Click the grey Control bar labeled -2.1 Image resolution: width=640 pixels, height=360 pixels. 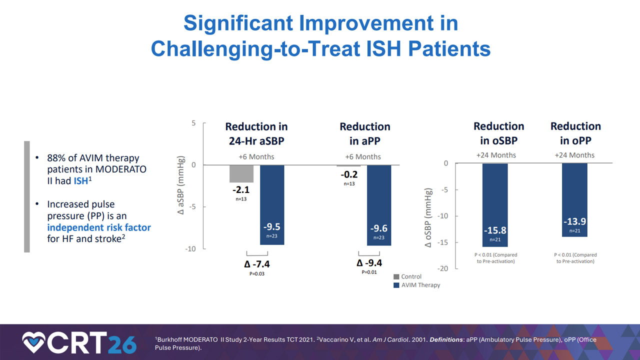[x=241, y=173]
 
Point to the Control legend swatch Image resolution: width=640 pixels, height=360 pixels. [x=396, y=276]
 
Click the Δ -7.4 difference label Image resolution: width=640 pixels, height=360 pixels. [x=257, y=264]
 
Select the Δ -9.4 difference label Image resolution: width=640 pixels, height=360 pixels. [x=369, y=263]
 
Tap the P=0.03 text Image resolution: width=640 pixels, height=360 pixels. [x=257, y=274]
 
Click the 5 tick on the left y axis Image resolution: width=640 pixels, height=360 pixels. [x=193, y=123]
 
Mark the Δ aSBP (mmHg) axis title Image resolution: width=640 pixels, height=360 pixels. [x=180, y=185]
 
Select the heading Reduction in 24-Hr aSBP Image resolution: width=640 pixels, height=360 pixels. [x=256, y=133]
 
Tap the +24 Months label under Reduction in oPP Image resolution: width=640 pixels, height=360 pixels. [x=574, y=155]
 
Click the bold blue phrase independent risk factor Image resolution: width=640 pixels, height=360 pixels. [x=99, y=227]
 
